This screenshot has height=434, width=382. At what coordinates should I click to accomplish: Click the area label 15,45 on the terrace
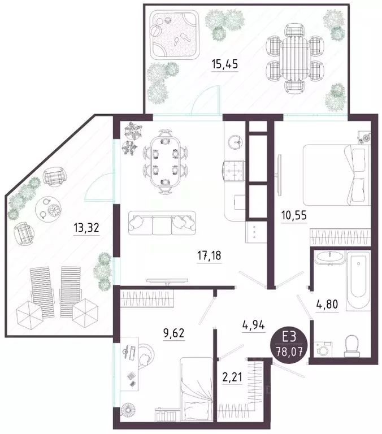coord(224,64)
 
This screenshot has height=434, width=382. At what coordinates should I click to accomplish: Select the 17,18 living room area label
coord(209,255)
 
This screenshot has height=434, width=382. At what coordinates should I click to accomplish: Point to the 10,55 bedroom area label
coord(294,215)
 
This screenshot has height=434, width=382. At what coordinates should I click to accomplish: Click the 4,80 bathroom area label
coord(327,304)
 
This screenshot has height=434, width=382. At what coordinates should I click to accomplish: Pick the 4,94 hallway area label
coord(254,324)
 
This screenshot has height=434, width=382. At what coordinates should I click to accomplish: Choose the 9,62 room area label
coord(173,333)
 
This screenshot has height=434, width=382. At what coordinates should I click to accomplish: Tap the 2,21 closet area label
coord(232,377)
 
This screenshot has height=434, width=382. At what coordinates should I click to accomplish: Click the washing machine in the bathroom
coord(323,349)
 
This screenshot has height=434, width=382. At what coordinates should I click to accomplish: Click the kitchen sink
coord(236,142)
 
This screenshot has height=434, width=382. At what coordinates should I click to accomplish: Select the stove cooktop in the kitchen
coord(233,170)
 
